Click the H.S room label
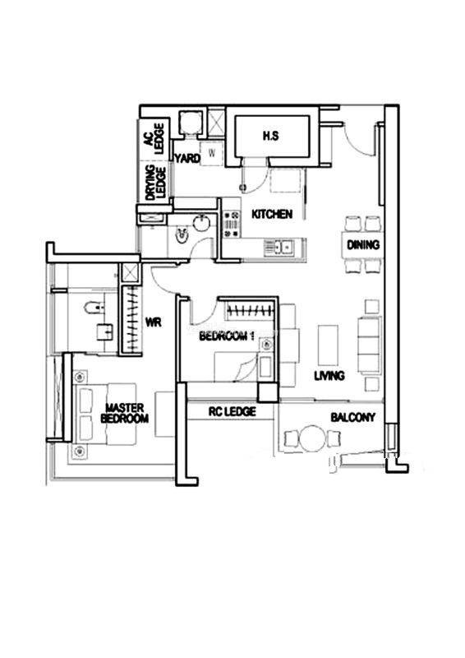(x=271, y=136)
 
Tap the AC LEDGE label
(x=154, y=138)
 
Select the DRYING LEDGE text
(x=155, y=183)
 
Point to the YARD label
(x=187, y=159)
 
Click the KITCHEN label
(x=272, y=214)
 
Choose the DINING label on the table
(x=363, y=244)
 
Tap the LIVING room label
(x=329, y=376)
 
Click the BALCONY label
(x=352, y=417)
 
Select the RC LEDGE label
(x=232, y=411)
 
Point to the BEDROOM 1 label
(x=227, y=336)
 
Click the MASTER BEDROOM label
(x=125, y=413)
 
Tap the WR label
(x=153, y=322)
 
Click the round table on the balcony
(x=312, y=438)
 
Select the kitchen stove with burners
(x=231, y=224)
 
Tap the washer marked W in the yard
(x=212, y=153)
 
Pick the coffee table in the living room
(x=328, y=345)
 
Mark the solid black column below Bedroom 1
(x=268, y=393)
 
